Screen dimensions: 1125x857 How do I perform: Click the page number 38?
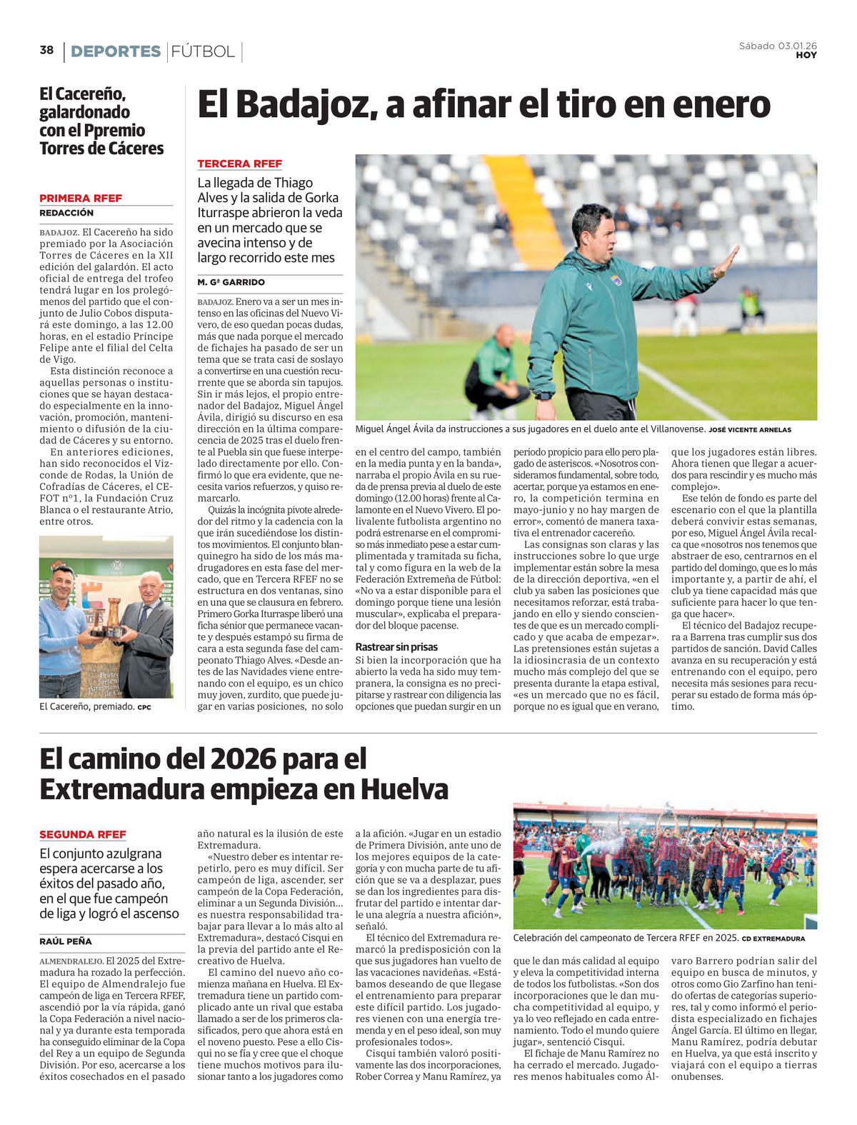[x=46, y=50]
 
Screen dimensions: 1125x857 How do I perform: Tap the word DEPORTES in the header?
[x=116, y=51]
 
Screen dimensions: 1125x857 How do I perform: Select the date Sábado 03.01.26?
[x=778, y=46]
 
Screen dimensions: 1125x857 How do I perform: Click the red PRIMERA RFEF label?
[x=81, y=198]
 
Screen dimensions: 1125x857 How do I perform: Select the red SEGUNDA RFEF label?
[x=83, y=834]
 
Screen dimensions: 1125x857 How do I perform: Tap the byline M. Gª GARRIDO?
[x=231, y=282]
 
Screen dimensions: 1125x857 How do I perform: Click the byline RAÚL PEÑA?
[x=66, y=941]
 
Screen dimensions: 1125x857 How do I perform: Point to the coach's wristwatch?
[x=544, y=395]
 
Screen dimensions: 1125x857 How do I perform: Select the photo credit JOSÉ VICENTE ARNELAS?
[x=750, y=430]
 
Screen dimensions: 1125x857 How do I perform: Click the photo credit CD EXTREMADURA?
[x=773, y=939]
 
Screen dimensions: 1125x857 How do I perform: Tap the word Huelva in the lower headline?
[x=404, y=789]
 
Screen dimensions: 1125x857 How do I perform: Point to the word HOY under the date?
[x=806, y=55]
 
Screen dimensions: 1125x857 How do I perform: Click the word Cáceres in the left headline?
[x=131, y=149]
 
